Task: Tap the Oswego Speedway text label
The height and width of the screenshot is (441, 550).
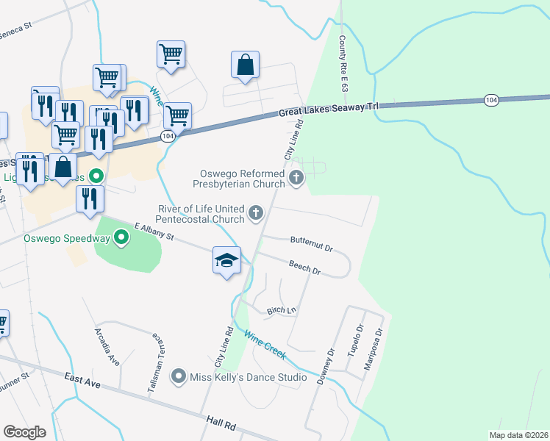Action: click(67, 238)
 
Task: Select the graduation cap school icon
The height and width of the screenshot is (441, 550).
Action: click(227, 260)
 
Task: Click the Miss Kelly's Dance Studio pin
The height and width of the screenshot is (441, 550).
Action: click(178, 377)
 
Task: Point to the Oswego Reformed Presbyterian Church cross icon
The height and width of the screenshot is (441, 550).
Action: click(296, 176)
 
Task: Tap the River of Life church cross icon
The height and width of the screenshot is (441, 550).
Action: click(256, 214)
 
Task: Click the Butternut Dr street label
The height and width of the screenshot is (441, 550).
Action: click(312, 240)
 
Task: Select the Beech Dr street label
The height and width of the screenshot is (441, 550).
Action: click(304, 268)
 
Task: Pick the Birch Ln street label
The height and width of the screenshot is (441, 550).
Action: click(281, 310)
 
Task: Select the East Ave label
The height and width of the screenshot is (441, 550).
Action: click(82, 380)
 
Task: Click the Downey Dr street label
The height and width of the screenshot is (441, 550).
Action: click(326, 367)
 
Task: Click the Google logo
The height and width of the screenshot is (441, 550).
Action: click(26, 432)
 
